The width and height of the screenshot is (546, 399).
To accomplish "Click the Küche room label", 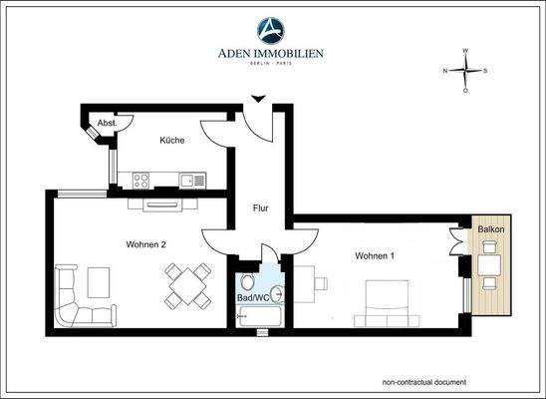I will click(x=172, y=141).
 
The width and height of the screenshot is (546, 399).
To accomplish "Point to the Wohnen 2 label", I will click(x=145, y=244).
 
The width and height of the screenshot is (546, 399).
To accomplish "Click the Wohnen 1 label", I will click(x=375, y=256).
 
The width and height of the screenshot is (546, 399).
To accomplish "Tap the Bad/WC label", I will click(x=254, y=297).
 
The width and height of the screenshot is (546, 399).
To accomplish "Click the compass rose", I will click(x=465, y=71).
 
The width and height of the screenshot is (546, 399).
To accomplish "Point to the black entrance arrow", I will click(x=258, y=98).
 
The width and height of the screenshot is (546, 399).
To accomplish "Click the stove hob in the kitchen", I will click(x=141, y=181).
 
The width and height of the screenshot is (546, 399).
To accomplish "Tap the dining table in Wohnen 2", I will click(x=188, y=286).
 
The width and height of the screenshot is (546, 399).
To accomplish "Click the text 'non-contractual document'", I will click(x=423, y=382).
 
